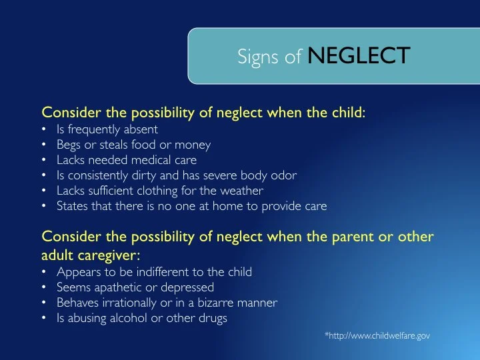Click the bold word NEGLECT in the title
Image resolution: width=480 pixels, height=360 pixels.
click(x=359, y=57)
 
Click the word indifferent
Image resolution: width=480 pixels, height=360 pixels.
click(x=162, y=272)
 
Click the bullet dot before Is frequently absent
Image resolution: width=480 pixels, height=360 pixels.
click(x=44, y=129)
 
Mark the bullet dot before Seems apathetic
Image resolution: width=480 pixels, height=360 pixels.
click(x=44, y=288)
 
